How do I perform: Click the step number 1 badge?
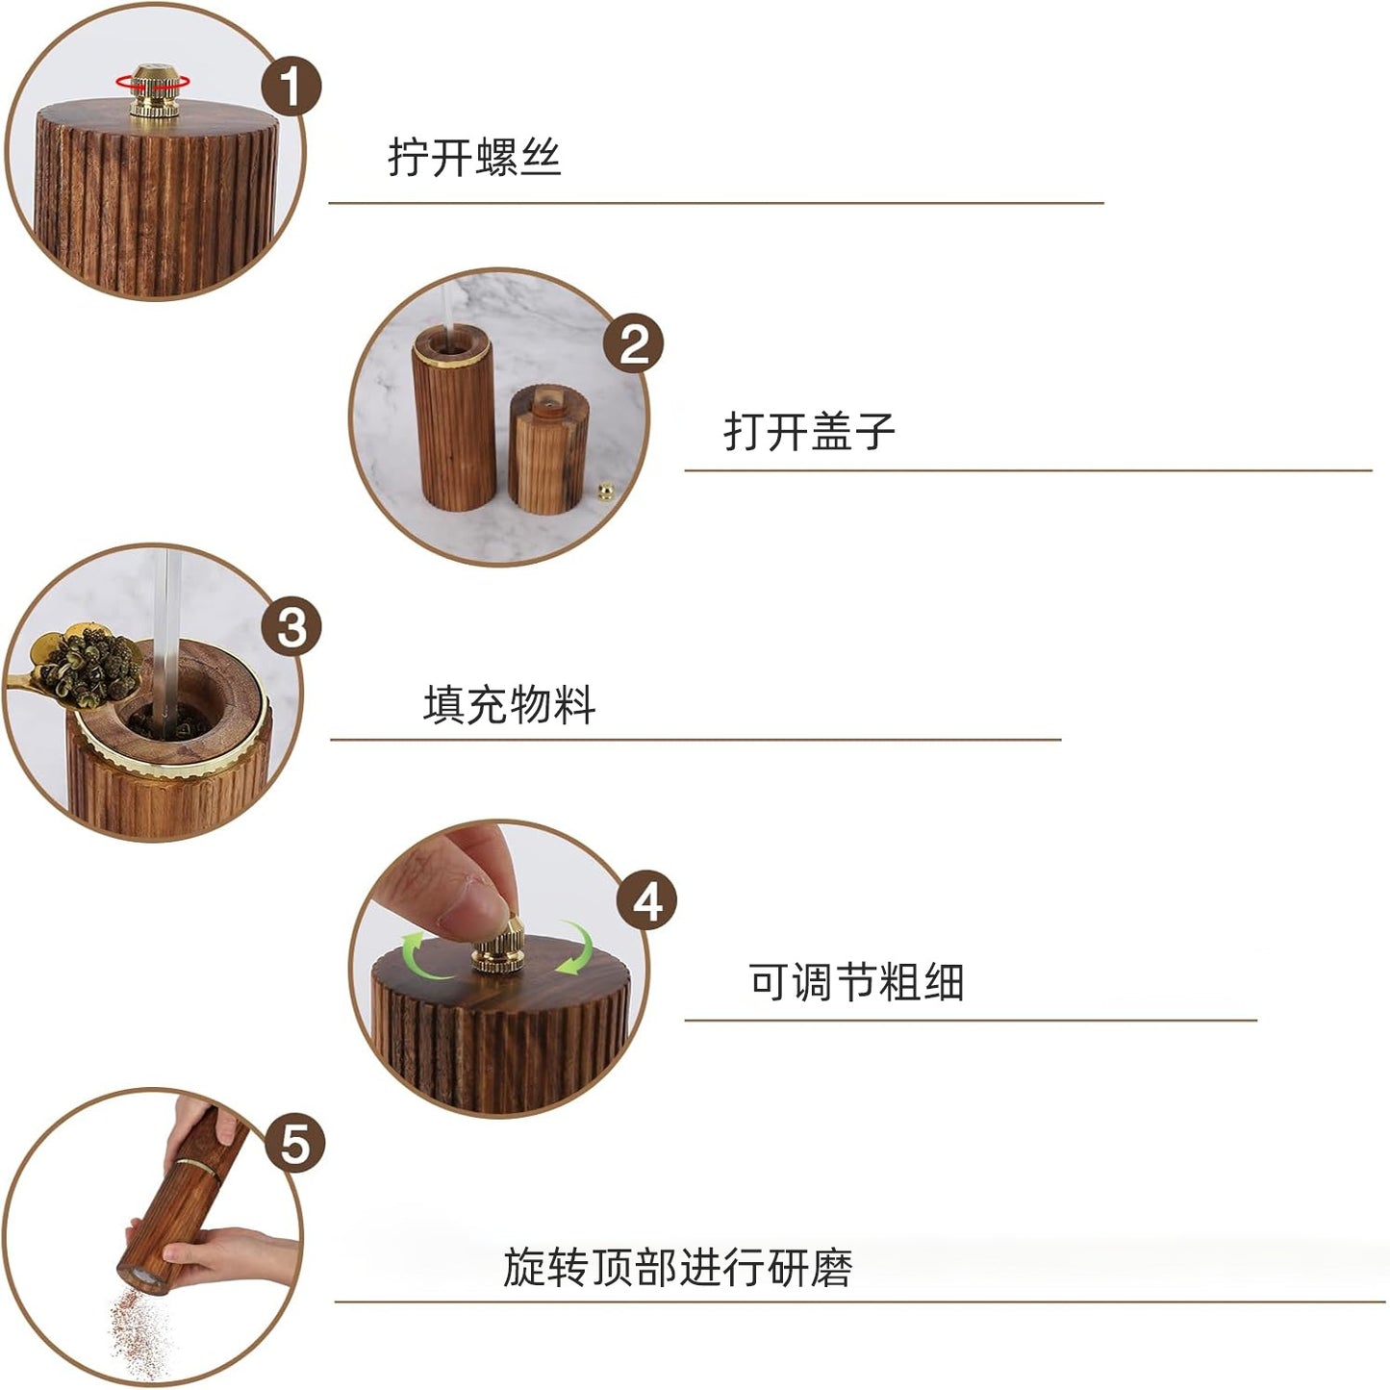click(x=290, y=87)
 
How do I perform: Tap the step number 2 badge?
click(x=634, y=343)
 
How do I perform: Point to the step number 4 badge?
click(x=646, y=901)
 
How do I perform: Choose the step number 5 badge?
click(x=294, y=1144)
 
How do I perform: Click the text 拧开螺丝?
click(x=474, y=157)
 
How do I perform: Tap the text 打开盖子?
click(x=809, y=431)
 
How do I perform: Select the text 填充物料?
click(x=509, y=704)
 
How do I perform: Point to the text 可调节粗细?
click(x=856, y=982)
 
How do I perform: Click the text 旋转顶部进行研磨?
click(x=677, y=1267)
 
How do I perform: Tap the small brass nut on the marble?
click(x=605, y=493)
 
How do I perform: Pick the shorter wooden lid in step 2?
click(x=547, y=449)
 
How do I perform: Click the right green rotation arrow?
click(x=578, y=947)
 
